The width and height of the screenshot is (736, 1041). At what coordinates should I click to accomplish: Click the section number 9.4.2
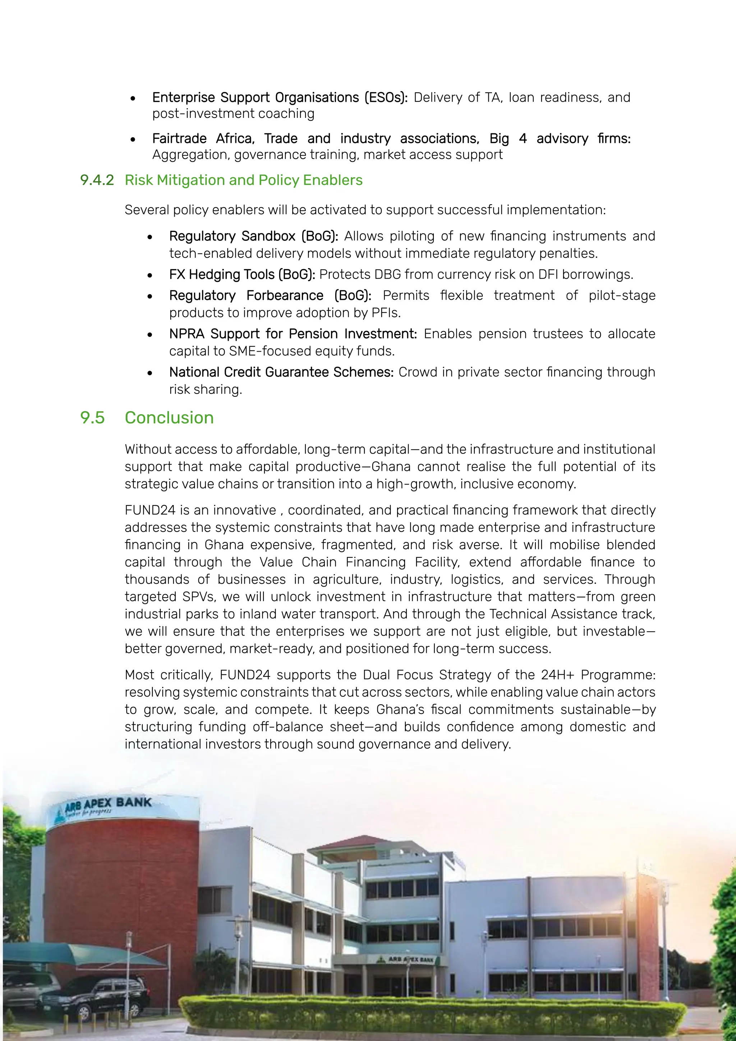pos(97,180)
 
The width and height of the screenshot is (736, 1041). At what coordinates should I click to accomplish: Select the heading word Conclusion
pos(169,418)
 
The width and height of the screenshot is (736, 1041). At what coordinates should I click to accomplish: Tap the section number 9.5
pos(92,418)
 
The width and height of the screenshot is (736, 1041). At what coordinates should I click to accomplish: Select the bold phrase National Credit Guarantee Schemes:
pos(281,372)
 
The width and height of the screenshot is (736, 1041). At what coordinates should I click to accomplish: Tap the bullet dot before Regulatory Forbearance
pos(150,297)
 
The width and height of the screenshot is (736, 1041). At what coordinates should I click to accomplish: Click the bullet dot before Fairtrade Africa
pos(133,139)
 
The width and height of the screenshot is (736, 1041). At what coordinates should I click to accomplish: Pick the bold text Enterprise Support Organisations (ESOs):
pos(280,97)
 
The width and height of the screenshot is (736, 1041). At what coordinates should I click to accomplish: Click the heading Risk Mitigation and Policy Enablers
pos(243,180)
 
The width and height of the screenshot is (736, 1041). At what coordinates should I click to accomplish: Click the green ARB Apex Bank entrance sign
pos(406,959)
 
